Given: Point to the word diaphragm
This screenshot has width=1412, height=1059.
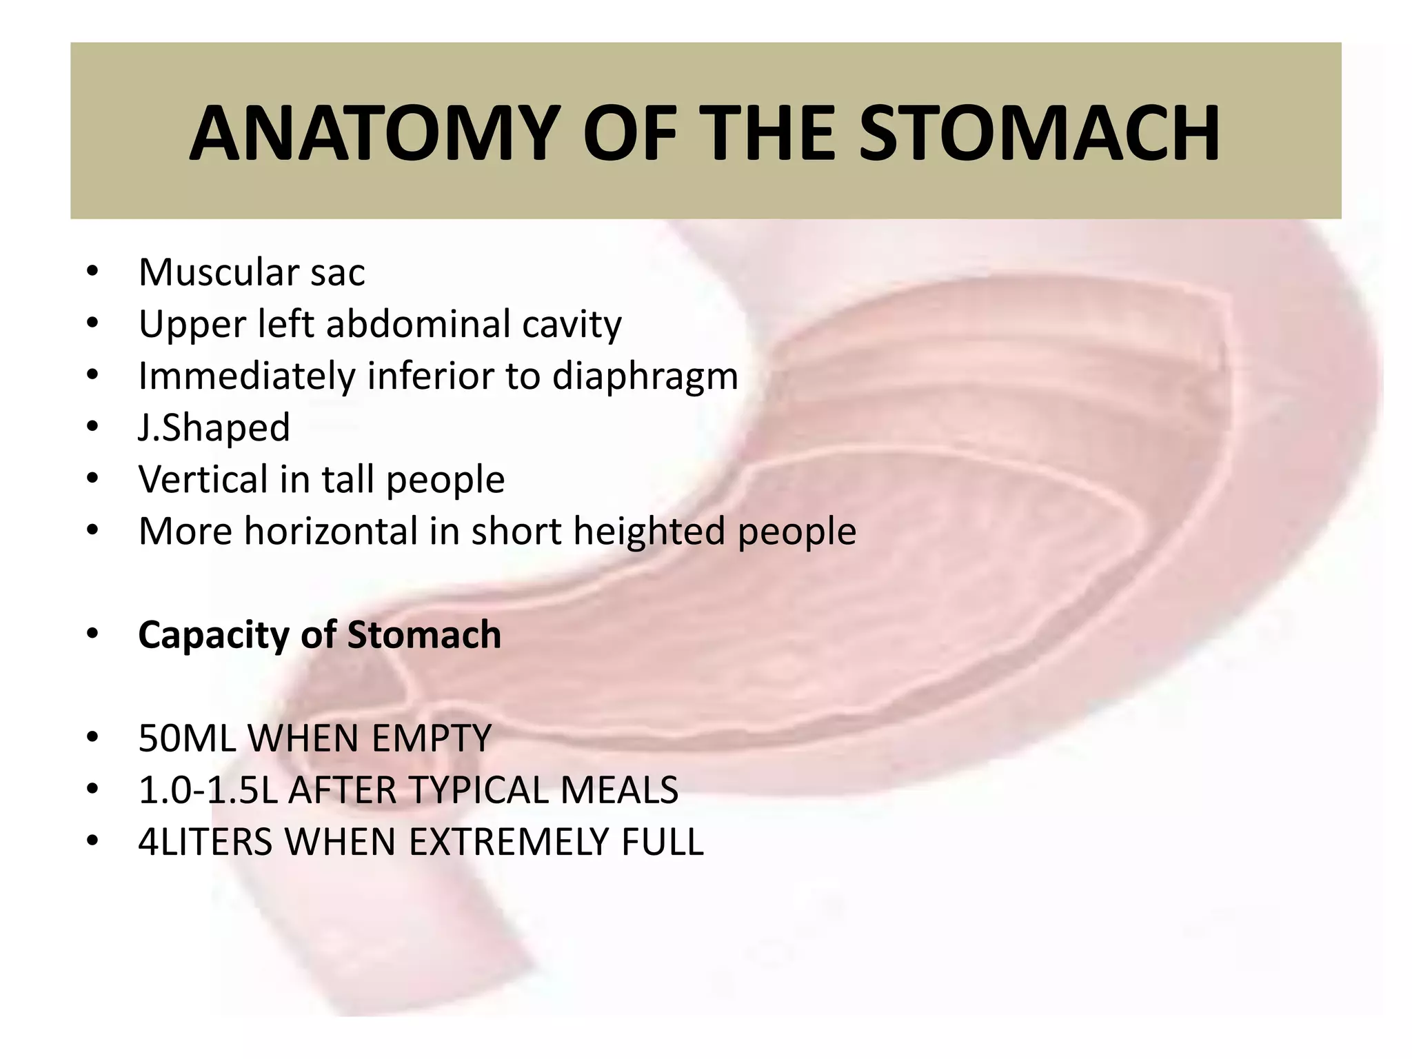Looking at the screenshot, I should (645, 377).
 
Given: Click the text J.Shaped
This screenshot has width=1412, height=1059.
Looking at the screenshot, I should (214, 427).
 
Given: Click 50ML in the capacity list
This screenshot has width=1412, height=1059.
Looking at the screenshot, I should (187, 738).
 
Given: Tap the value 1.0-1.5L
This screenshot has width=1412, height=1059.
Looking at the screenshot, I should (208, 790).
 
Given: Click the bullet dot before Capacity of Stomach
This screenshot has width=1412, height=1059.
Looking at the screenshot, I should (92, 634).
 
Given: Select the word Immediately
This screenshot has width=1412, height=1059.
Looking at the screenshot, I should (247, 377).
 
